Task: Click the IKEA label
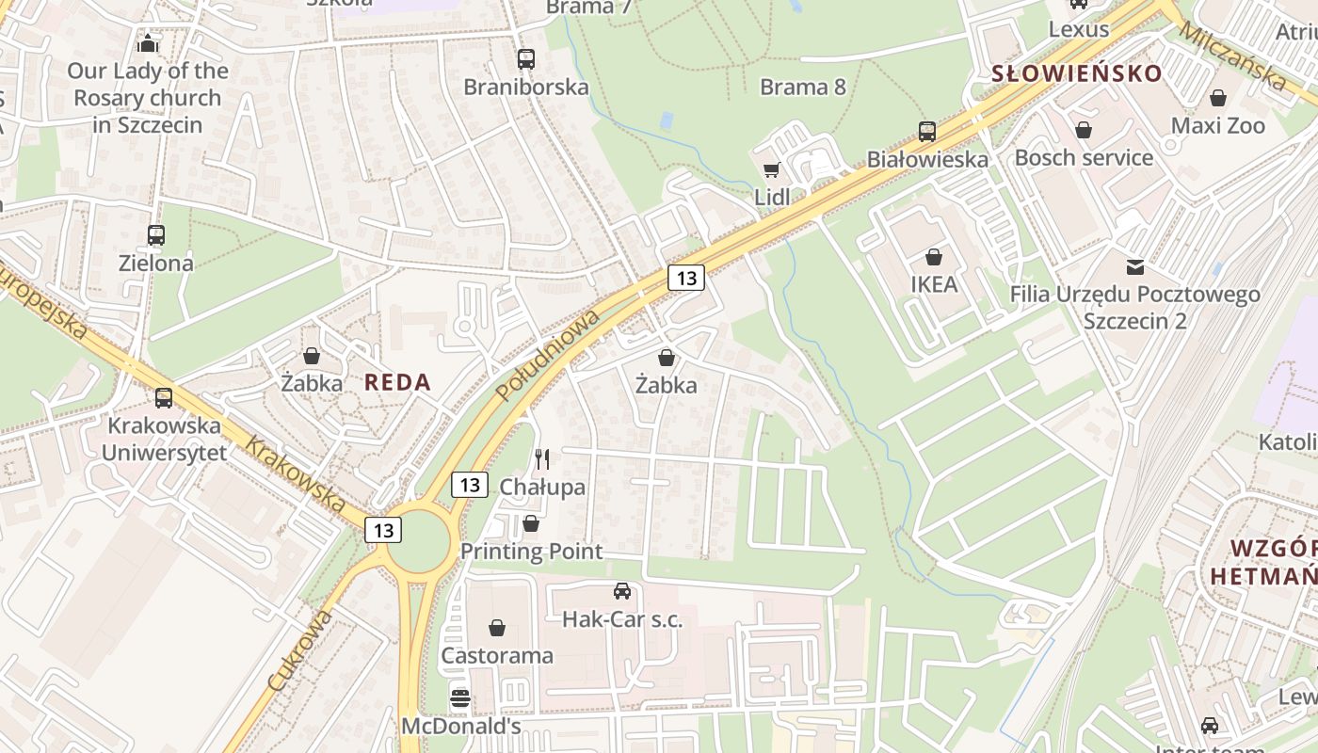(x=934, y=284)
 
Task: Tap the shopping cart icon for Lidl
(x=772, y=169)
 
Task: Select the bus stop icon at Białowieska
(x=927, y=132)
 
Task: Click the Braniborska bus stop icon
(x=526, y=59)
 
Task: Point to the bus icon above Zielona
(x=156, y=235)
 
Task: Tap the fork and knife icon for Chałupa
(x=542, y=459)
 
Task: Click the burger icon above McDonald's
(x=460, y=698)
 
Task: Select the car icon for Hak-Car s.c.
(x=622, y=591)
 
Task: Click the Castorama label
(x=497, y=655)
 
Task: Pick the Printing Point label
(x=531, y=552)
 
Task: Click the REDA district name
(x=397, y=382)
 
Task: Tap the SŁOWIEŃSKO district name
(x=1077, y=73)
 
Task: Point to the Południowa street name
(x=549, y=354)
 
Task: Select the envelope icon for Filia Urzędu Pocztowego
(x=1135, y=267)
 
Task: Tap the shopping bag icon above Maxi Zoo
(x=1218, y=98)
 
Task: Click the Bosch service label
(x=1084, y=157)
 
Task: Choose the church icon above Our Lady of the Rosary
(x=148, y=43)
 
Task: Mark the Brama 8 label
(x=803, y=88)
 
